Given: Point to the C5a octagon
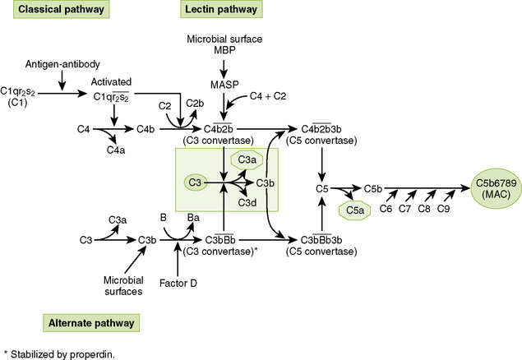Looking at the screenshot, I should click(x=355, y=210).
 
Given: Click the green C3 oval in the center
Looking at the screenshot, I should click(x=196, y=182).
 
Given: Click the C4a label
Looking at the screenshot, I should click(x=116, y=150).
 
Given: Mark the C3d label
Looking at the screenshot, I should click(x=248, y=202).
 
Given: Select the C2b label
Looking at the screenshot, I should click(x=195, y=103).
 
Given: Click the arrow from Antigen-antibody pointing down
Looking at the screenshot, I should click(x=61, y=81).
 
